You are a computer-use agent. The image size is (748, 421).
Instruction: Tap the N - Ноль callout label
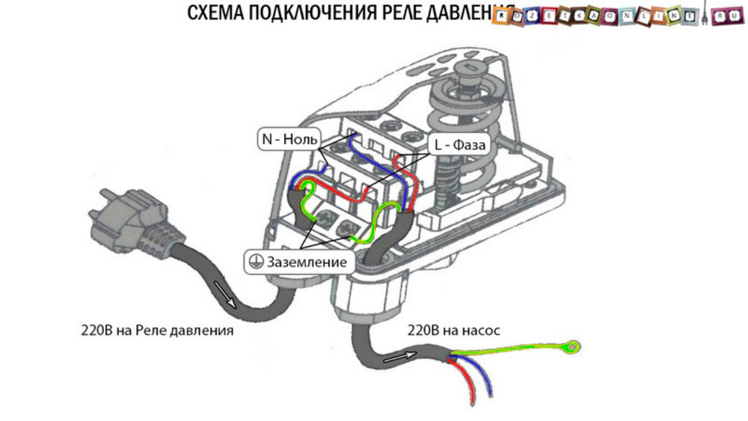coord(289,140)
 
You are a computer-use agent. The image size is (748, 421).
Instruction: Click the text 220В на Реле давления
coord(156,329)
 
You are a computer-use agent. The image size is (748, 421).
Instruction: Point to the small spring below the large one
coord(449,187)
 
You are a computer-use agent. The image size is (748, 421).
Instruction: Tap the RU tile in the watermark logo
coord(723,17)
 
